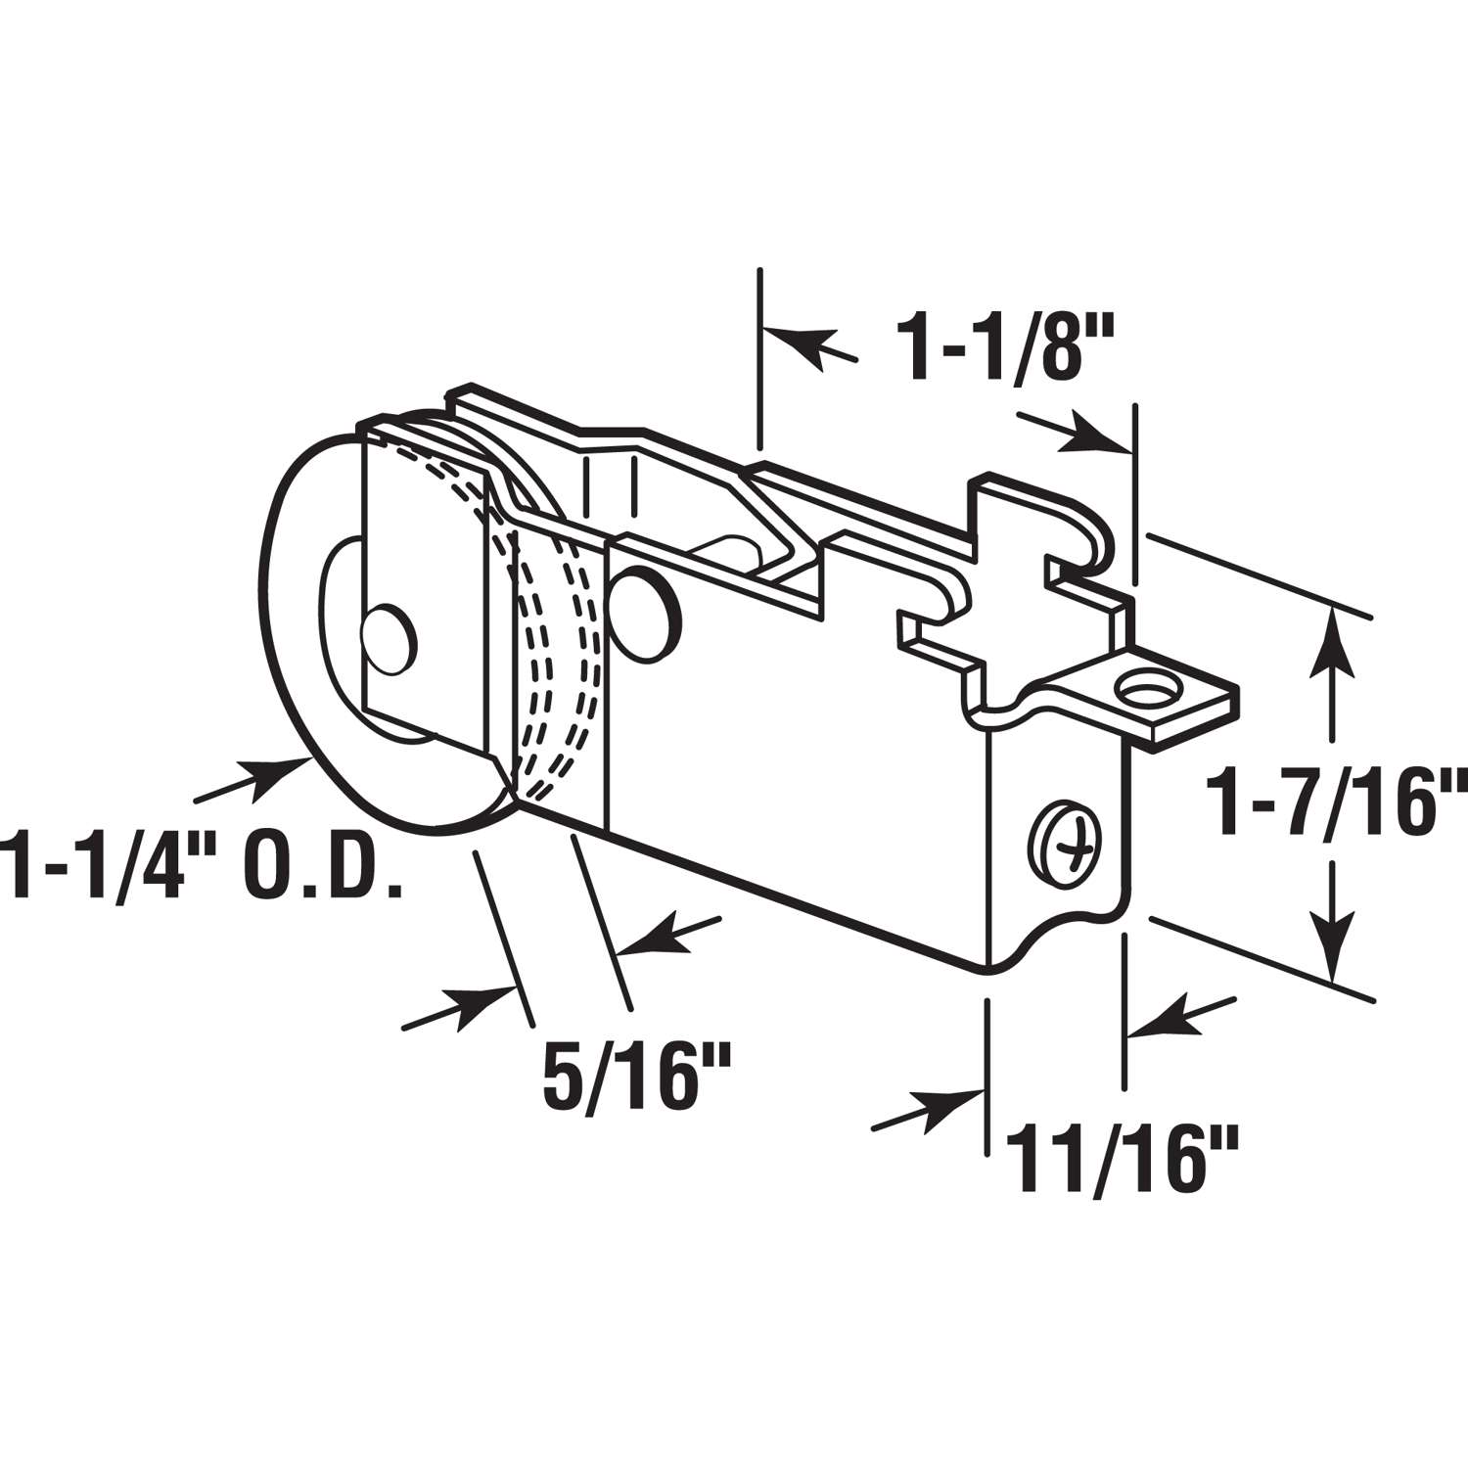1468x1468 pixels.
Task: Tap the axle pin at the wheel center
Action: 390,642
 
